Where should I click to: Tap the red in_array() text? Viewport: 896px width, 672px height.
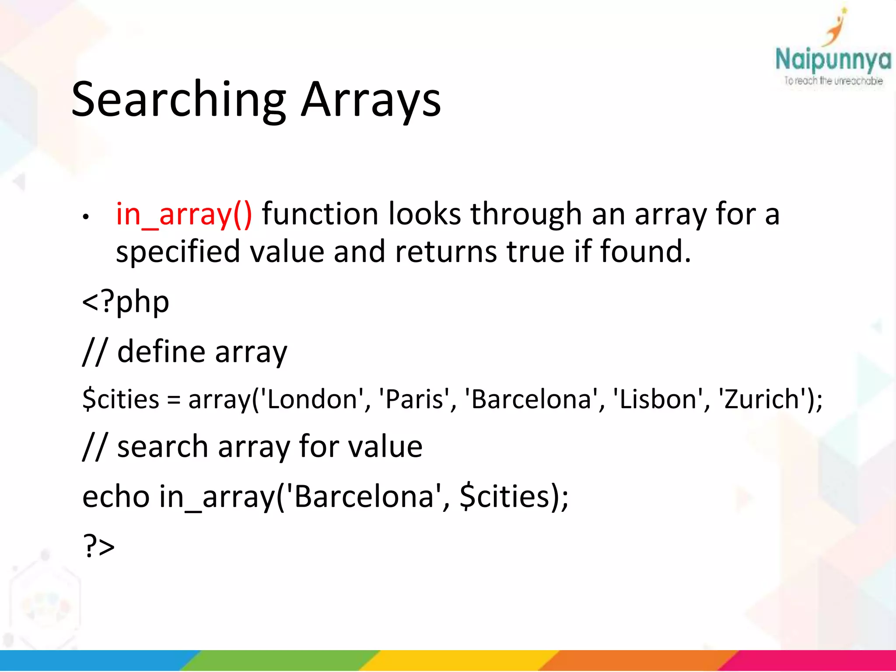pos(184,214)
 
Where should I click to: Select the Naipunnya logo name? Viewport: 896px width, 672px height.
pos(833,60)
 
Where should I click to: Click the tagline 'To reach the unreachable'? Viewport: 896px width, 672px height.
pos(833,81)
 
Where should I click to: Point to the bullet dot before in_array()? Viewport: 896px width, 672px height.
pos(86,217)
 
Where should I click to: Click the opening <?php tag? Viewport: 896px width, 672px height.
pos(126,302)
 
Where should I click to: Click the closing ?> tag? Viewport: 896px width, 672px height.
pos(98,546)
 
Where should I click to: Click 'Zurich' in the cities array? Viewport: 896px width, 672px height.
pos(762,399)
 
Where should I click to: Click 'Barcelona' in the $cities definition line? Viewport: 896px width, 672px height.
pos(532,399)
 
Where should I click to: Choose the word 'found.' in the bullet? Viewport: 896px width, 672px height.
pos(645,252)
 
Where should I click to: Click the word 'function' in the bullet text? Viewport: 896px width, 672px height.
pos(319,214)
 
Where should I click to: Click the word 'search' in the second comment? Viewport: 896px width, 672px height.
pos(162,447)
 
